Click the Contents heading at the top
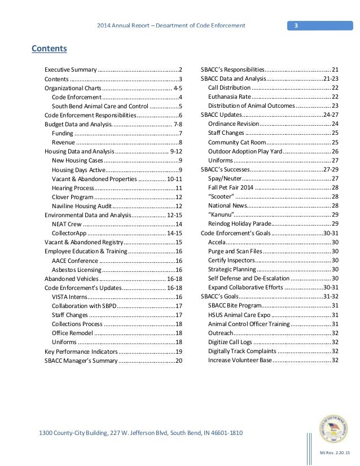click(x=49, y=49)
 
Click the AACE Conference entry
click(x=75, y=261)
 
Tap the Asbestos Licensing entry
click(x=76, y=270)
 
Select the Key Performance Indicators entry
click(x=81, y=351)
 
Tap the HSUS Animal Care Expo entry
click(x=239, y=315)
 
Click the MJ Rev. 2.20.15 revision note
click(x=335, y=452)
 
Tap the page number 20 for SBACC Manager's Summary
click(x=179, y=361)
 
